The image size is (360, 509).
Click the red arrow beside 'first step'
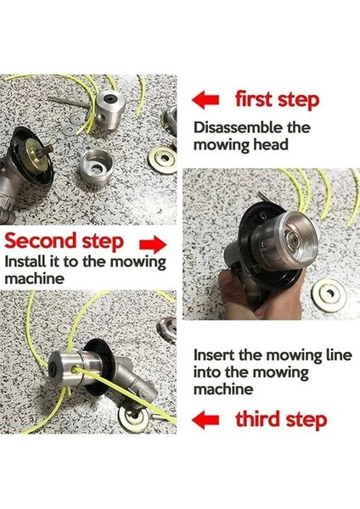click(x=205, y=99)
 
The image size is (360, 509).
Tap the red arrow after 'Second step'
click(x=153, y=243)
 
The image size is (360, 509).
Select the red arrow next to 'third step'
click(x=205, y=420)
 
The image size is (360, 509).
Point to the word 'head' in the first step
click(x=271, y=144)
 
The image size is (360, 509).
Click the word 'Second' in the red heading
click(x=41, y=241)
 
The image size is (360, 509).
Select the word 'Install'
click(x=25, y=261)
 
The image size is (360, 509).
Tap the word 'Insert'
click(x=214, y=355)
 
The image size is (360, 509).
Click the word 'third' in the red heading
click(x=256, y=419)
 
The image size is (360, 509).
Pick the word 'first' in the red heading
click(x=253, y=99)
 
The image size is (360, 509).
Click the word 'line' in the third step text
click(x=340, y=355)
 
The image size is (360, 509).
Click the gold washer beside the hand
click(x=329, y=294)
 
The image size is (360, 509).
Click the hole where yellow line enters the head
click(x=75, y=369)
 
